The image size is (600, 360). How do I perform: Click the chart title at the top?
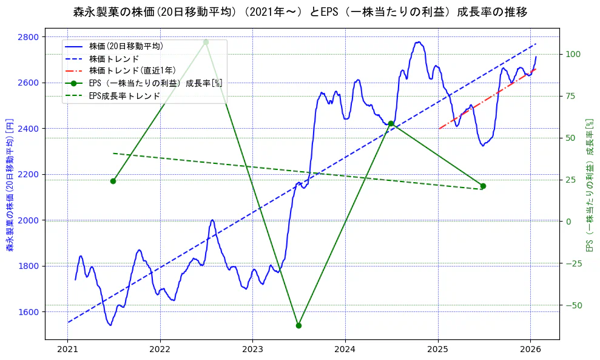(x=300, y=12)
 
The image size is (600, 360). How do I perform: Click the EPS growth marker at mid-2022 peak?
(x=206, y=42)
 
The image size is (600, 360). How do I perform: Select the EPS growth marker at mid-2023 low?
(x=298, y=325)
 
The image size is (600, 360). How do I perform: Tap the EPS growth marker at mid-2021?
(x=113, y=181)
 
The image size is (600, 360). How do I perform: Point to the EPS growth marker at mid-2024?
(x=391, y=123)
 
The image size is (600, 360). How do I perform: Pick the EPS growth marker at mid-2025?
(x=483, y=186)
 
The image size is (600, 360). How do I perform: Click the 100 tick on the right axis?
(x=573, y=54)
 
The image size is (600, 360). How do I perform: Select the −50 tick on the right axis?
(x=573, y=305)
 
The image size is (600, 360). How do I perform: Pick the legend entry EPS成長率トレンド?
(x=124, y=96)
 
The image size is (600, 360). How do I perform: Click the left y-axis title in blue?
(x=10, y=185)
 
